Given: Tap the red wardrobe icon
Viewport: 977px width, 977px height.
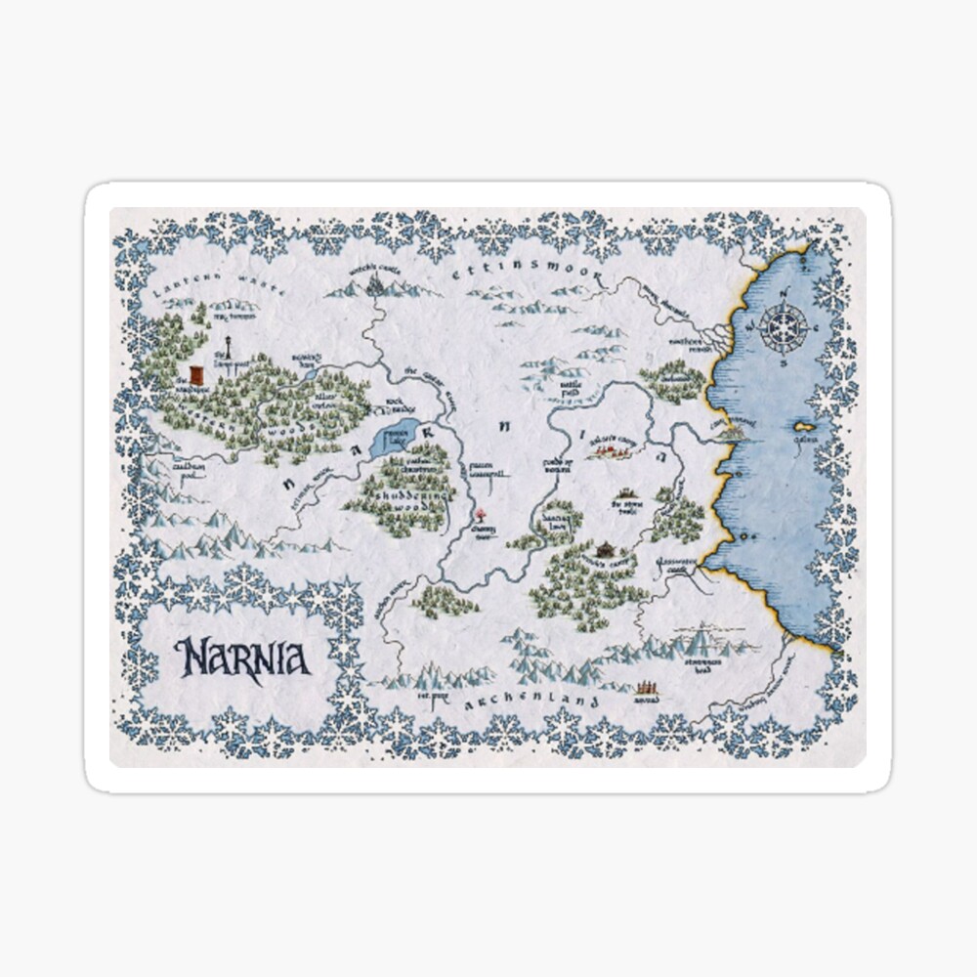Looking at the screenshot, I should [x=196, y=376].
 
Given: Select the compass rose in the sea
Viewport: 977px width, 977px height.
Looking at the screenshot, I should [x=785, y=326].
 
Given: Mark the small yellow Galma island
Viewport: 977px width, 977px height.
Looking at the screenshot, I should [x=805, y=428].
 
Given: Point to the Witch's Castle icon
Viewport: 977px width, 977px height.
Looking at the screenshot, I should [x=376, y=283].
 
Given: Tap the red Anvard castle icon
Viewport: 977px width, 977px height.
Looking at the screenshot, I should [x=645, y=688].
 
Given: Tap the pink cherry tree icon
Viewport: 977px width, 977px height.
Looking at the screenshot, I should [x=481, y=514].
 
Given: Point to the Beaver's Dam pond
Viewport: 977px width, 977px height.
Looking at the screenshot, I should [x=310, y=372].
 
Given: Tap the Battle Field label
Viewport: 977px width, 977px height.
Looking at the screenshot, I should [x=572, y=391].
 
